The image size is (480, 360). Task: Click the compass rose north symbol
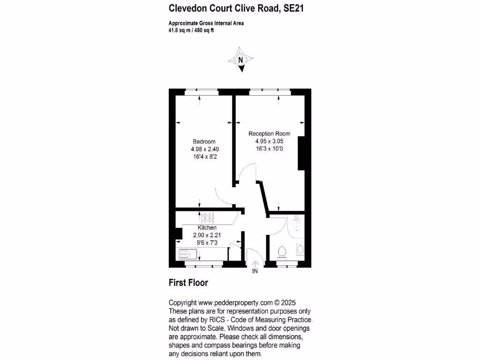tap(241, 60)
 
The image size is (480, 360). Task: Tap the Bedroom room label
tap(204, 142)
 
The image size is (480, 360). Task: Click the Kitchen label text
tap(207, 228)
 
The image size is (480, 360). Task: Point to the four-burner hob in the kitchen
tap(207, 217)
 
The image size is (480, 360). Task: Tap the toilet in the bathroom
tap(282, 252)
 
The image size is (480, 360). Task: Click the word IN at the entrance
tap(255, 271)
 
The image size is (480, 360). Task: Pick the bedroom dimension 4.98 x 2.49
tap(204, 149)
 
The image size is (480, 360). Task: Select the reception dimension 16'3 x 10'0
tap(269, 149)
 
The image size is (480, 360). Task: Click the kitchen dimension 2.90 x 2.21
tap(207, 235)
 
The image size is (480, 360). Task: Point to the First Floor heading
tap(188, 283)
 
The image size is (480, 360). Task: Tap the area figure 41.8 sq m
tap(180, 30)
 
